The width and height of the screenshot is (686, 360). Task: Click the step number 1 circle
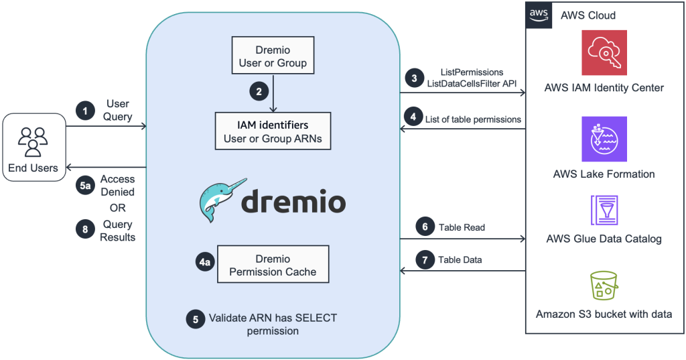pos(85,111)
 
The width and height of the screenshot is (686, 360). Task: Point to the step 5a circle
pos(85,186)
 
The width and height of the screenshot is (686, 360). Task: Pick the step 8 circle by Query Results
pos(85,230)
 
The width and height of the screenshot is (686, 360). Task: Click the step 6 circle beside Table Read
pos(424,227)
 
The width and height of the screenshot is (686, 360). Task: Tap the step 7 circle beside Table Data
pos(424,259)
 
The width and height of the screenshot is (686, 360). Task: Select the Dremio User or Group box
pos(273,56)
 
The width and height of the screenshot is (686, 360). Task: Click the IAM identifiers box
pos(273,131)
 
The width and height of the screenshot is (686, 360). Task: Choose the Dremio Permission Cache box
pos(273,265)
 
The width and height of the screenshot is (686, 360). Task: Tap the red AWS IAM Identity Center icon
pos(604,53)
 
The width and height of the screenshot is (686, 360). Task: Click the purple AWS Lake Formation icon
pos(604,139)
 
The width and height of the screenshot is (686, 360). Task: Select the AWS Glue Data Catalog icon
pos(604,210)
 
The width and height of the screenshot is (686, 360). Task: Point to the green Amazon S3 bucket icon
pos(604,286)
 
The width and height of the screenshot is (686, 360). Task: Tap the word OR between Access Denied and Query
pos(117,208)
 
